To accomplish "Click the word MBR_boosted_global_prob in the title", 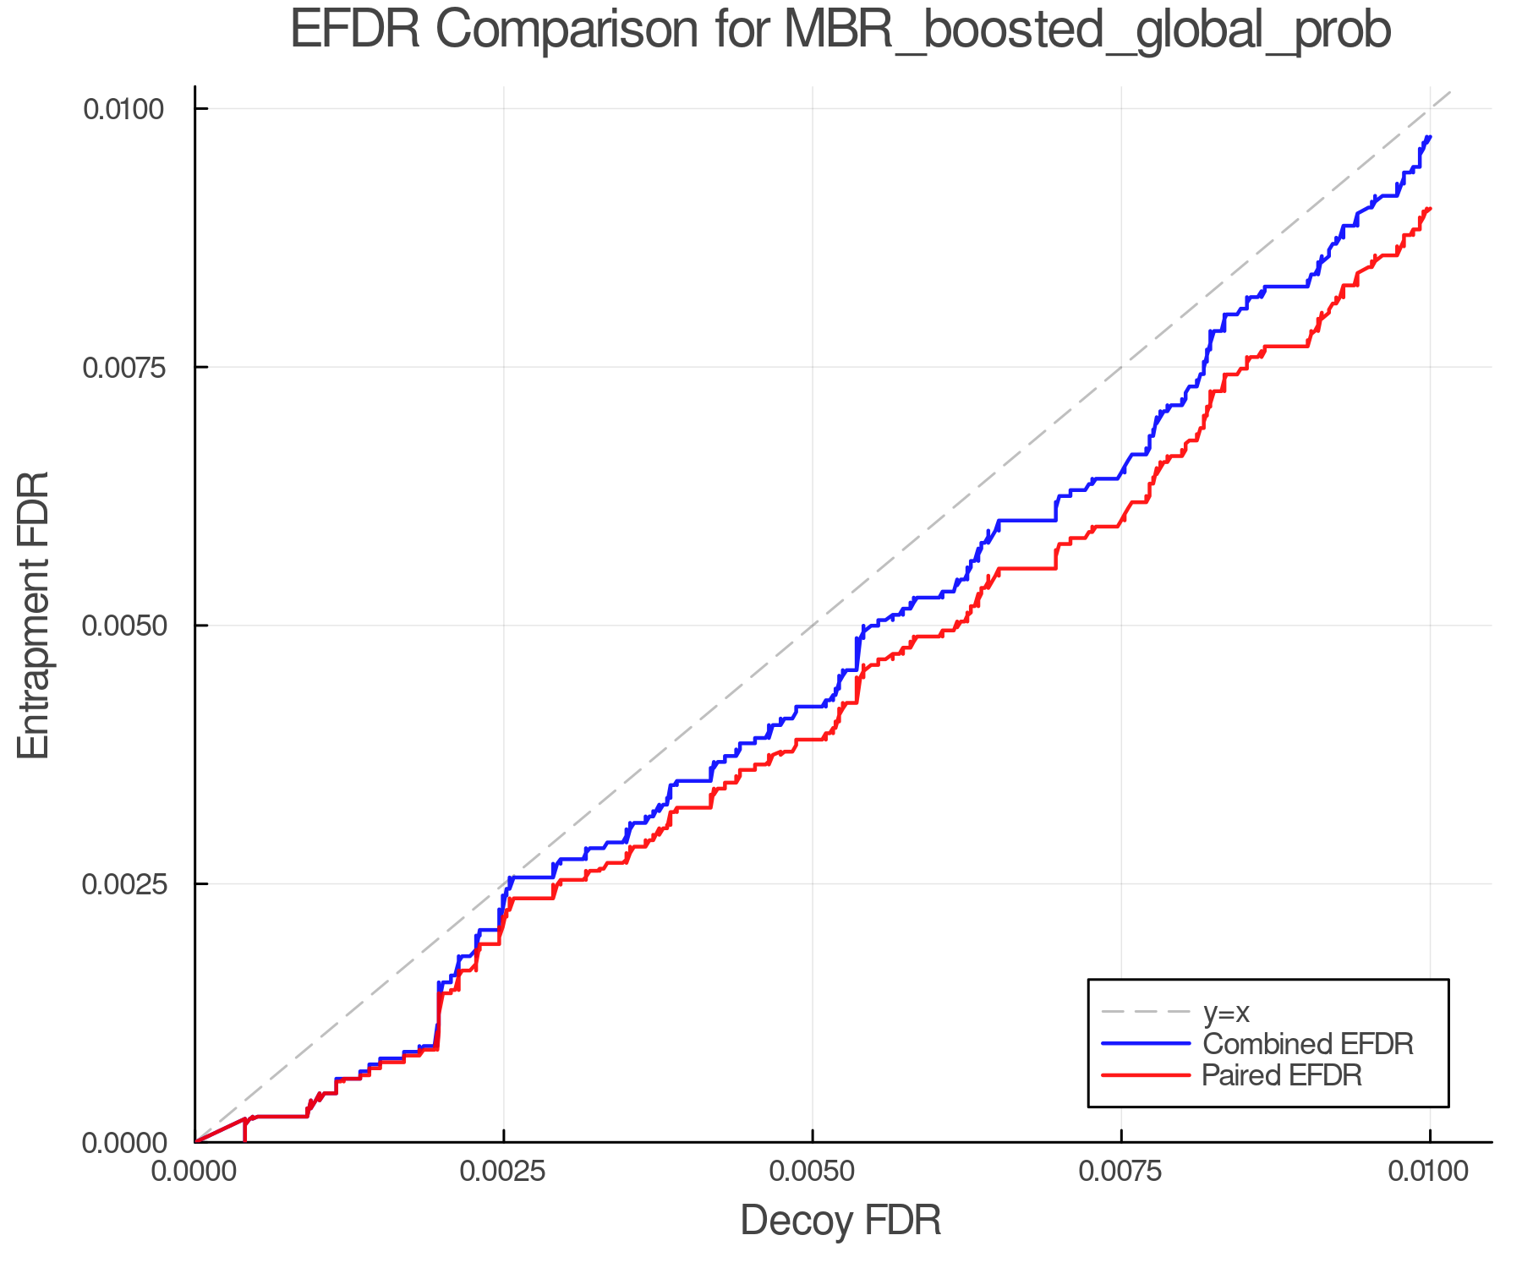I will [x=1087, y=32].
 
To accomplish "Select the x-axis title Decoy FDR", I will [x=840, y=1221].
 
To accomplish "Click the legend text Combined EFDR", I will [x=1307, y=1044].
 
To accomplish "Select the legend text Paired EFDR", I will [x=1281, y=1075].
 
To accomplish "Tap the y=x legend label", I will [x=1226, y=1012].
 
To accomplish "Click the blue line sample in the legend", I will [x=1146, y=1043].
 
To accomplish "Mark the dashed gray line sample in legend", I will [x=1146, y=1011].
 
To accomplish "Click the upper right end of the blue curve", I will [x=1429, y=137].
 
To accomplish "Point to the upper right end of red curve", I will [x=1429, y=208].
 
